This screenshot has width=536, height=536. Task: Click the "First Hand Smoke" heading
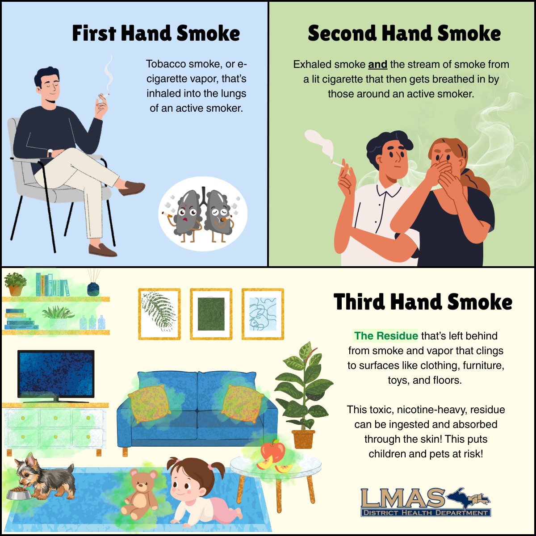pyautogui.click(x=156, y=33)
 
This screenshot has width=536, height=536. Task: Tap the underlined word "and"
pyautogui.click(x=377, y=64)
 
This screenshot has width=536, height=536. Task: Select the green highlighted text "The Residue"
pyautogui.click(x=386, y=336)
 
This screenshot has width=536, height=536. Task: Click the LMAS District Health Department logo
pyautogui.click(x=425, y=502)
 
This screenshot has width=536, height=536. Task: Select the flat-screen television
pyautogui.click(x=56, y=376)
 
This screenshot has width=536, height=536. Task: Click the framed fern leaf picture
pyautogui.click(x=159, y=314)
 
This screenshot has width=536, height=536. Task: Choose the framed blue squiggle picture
pyautogui.click(x=263, y=314)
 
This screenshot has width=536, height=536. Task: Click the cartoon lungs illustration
pyautogui.click(x=203, y=214)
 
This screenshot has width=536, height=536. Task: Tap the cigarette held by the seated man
pyautogui.click(x=104, y=96)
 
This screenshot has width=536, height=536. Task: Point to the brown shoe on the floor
pyautogui.click(x=102, y=250)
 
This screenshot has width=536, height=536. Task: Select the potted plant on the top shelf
pyautogui.click(x=15, y=284)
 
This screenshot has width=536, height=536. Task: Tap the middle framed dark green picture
pyautogui.click(x=211, y=314)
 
